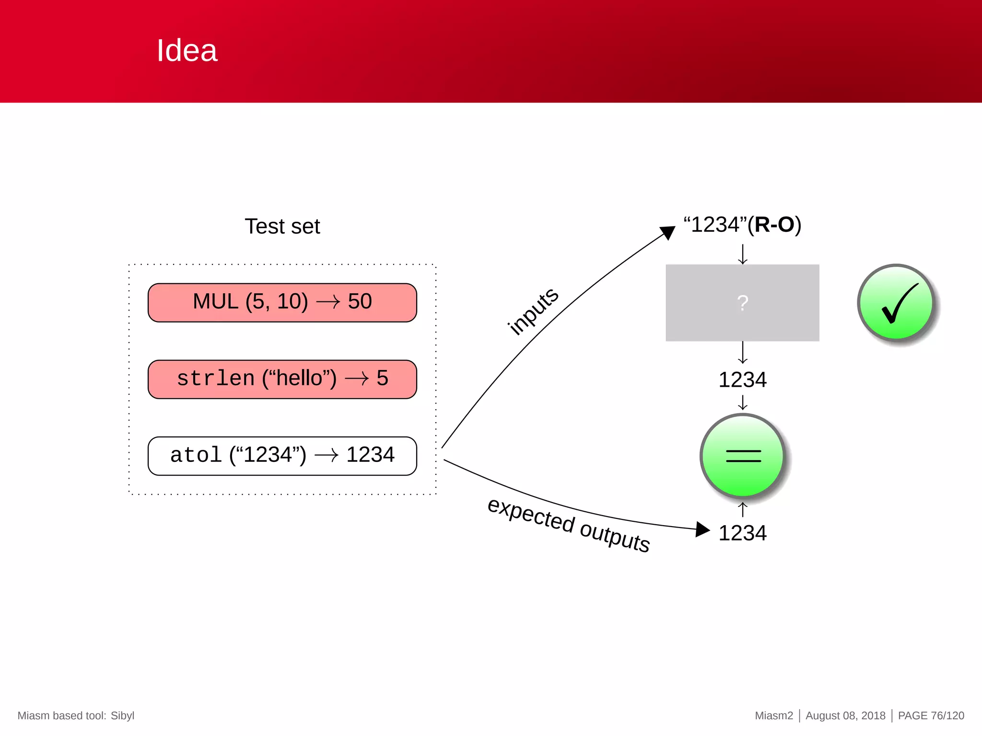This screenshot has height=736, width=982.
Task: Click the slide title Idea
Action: click(187, 50)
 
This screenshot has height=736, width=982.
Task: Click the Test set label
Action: click(282, 226)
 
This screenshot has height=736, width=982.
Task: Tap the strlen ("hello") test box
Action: click(282, 379)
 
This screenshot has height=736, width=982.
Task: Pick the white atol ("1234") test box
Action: click(282, 456)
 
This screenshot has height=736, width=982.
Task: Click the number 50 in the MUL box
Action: click(360, 301)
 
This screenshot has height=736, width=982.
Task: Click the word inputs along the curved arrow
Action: click(533, 311)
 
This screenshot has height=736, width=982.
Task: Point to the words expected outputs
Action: click(568, 525)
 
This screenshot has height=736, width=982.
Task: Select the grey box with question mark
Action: click(742, 303)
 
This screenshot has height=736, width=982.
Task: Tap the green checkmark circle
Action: click(896, 303)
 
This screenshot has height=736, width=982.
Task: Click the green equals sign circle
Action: click(743, 456)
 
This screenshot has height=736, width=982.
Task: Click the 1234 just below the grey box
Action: click(742, 380)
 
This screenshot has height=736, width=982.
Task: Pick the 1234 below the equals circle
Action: click(742, 533)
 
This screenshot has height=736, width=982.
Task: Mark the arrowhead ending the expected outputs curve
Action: click(702, 529)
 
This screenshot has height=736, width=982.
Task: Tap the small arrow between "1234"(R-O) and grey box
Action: click(742, 254)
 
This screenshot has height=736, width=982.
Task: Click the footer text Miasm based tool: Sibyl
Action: click(76, 715)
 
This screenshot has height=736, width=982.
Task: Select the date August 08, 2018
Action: click(845, 715)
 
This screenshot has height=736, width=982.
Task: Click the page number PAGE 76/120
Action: click(931, 715)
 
